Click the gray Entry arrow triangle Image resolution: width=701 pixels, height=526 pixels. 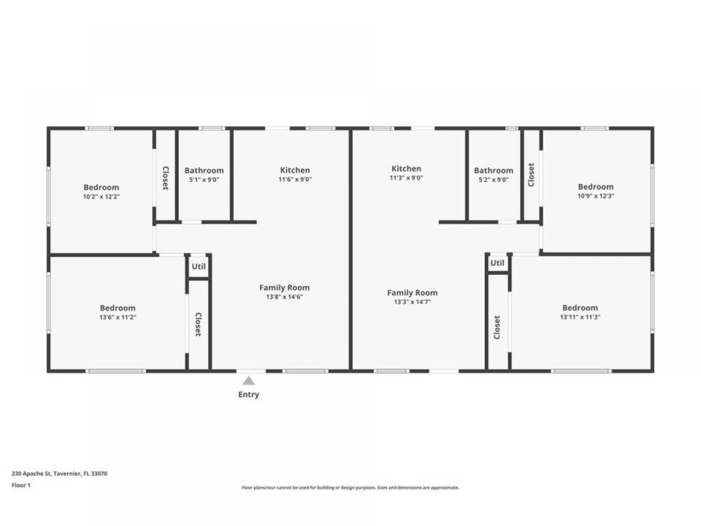[248, 380]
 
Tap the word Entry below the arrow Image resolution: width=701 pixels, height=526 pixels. [248, 394]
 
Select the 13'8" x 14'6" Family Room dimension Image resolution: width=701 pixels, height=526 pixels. [284, 297]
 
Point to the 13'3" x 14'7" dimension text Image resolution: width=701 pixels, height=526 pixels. [412, 302]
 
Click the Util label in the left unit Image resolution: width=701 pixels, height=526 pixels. [199, 267]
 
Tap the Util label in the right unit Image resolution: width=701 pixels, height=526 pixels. [497, 263]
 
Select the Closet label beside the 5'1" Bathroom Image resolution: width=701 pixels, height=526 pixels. [166, 178]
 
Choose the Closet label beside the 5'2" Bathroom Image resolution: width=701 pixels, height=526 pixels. [531, 175]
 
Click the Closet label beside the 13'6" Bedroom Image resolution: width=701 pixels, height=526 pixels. [198, 324]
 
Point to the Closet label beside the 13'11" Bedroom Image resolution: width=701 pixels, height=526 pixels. [497, 327]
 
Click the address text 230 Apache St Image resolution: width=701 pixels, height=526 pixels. [32, 473]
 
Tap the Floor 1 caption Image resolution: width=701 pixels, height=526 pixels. [21, 486]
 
